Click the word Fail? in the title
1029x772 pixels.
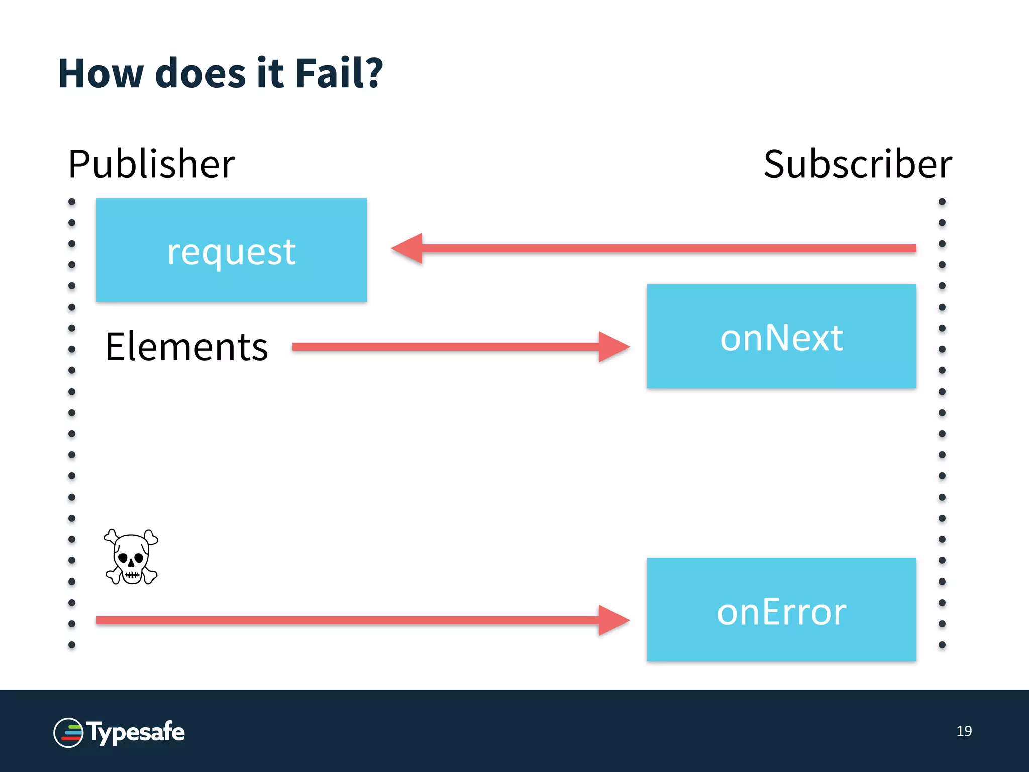[x=339, y=74]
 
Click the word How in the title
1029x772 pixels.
[x=100, y=74]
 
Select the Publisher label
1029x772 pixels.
[x=151, y=164]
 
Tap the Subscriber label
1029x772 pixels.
[x=857, y=164]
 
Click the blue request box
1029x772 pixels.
[x=231, y=250]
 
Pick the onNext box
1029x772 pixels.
[x=781, y=336]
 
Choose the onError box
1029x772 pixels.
[x=781, y=610]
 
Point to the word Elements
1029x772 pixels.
[x=186, y=347]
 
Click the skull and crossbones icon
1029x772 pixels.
[x=131, y=557]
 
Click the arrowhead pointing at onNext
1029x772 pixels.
[x=613, y=347]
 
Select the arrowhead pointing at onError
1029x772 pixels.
[x=613, y=620]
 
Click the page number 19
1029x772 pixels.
[x=964, y=731]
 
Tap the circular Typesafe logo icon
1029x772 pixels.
[x=68, y=733]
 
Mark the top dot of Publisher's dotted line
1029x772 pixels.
[x=72, y=202]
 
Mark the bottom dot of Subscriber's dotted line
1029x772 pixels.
[x=942, y=645]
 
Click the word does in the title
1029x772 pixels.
[x=200, y=74]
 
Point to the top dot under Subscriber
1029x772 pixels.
[x=942, y=202]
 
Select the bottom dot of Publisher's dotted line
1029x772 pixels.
[x=72, y=645]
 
